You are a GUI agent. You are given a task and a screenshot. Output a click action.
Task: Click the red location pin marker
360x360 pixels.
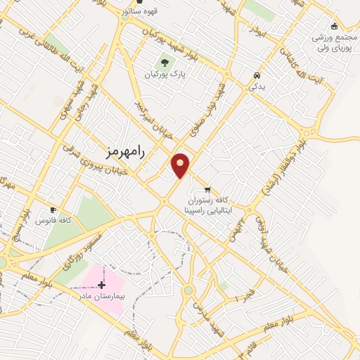[181, 165]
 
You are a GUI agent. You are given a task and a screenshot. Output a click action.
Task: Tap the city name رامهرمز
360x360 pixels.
[122, 152]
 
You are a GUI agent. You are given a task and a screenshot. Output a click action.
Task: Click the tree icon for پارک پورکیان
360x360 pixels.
[165, 63]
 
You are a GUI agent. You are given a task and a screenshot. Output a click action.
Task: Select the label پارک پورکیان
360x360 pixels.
[164, 75]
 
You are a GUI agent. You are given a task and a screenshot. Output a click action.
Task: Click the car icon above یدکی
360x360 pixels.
[257, 75]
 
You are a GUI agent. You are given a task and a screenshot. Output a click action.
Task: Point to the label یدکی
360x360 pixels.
[257, 86]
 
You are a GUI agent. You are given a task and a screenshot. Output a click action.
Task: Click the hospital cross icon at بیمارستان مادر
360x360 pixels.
[103, 285]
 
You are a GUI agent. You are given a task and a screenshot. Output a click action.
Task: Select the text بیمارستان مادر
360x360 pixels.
[102, 297]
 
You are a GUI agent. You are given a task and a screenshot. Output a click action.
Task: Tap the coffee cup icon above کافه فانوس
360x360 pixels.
[53, 210]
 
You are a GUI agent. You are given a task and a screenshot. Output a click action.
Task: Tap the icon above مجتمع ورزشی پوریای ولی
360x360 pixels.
[335, 25]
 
